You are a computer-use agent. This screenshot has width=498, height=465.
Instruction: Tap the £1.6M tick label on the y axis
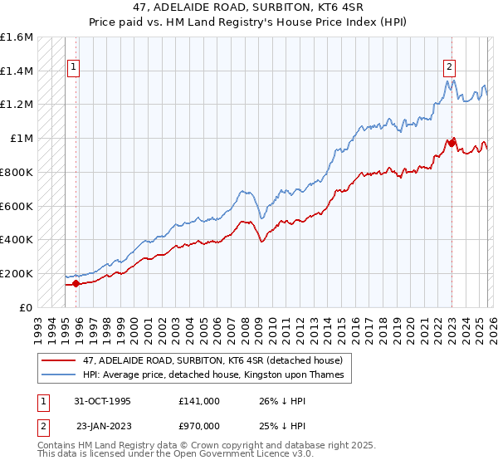17,37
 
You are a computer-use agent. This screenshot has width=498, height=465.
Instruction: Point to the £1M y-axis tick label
21,139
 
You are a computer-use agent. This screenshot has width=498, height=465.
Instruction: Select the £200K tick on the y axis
17,273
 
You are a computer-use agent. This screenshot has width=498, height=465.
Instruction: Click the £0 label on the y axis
26,307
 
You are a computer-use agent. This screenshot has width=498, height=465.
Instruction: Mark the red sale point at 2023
452,143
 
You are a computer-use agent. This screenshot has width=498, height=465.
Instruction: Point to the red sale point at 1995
76,283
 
